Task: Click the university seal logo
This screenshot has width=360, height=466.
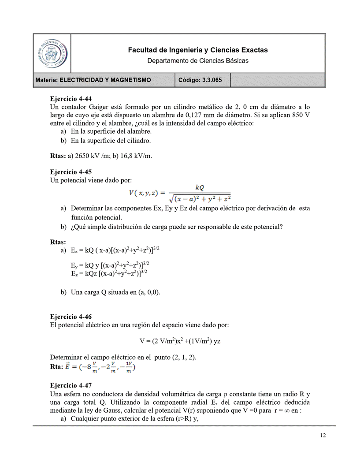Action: tap(52, 53)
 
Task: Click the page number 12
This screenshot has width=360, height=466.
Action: tap(323, 436)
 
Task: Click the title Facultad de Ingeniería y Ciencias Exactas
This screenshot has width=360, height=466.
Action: tap(198, 50)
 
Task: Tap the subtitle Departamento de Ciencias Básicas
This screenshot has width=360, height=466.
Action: tap(198, 60)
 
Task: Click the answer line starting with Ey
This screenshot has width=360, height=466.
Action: tap(110, 265)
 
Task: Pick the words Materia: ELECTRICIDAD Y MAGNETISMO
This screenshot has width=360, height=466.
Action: tap(93, 80)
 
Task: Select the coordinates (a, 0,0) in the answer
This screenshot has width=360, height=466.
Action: tap(148, 292)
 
